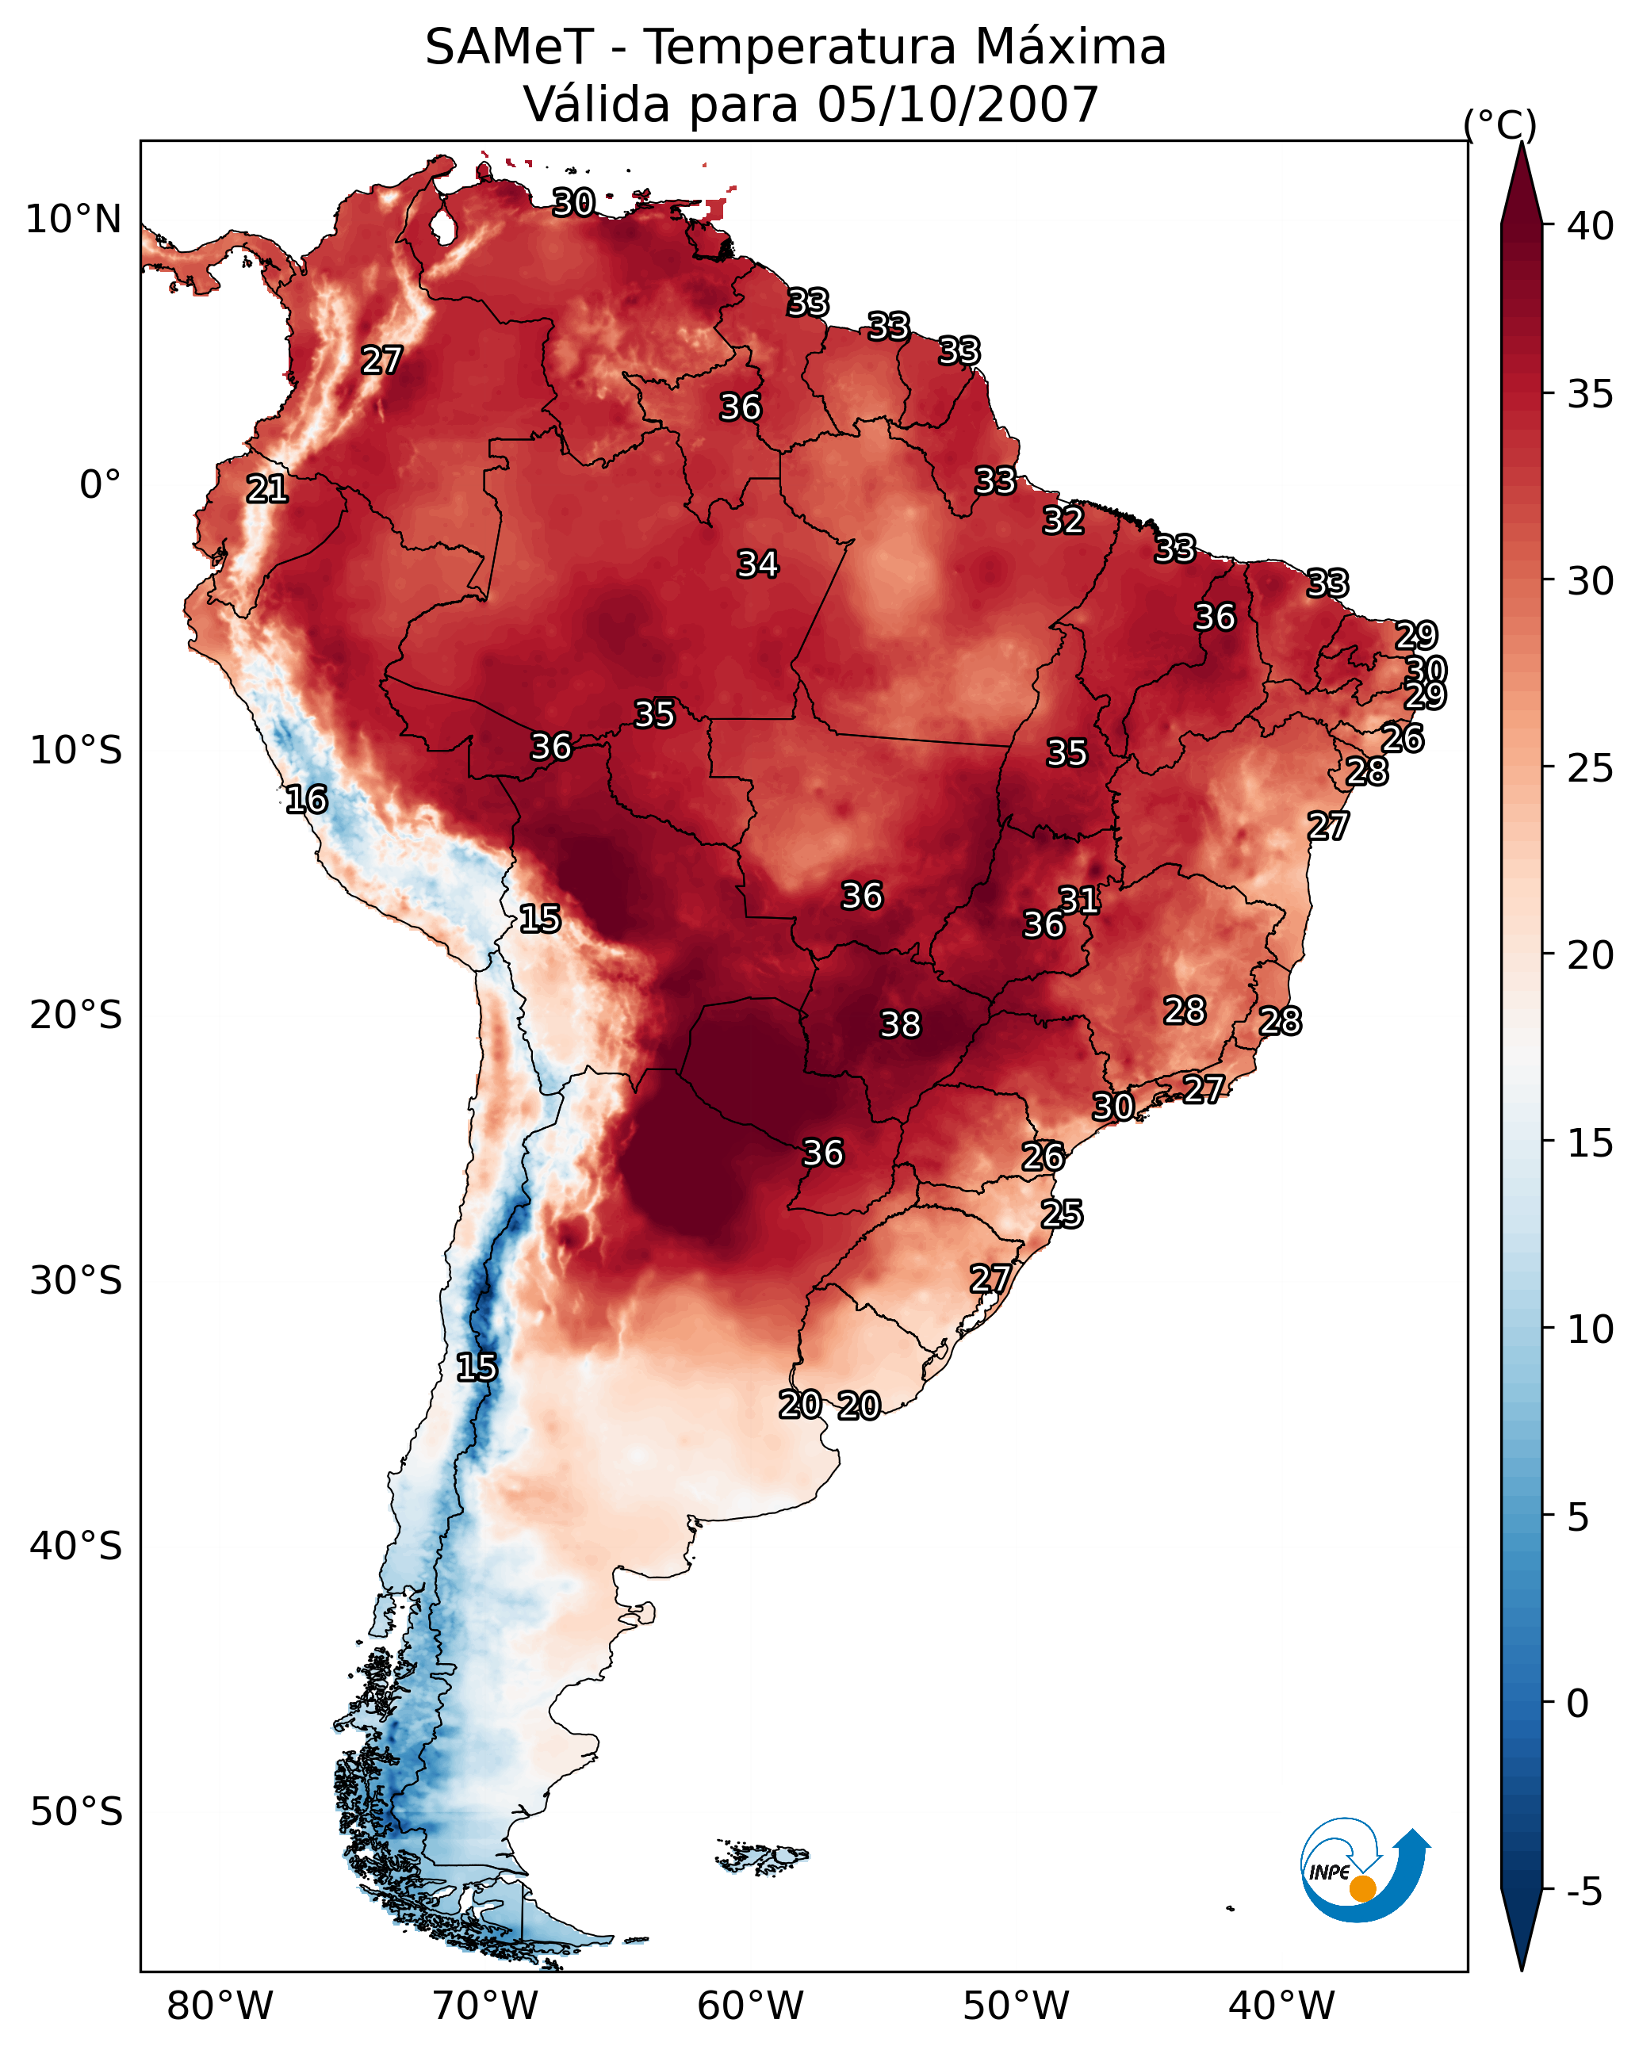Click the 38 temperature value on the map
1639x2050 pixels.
[x=900, y=1025]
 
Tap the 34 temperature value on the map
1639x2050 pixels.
[x=757, y=564]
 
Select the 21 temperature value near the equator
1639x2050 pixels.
[x=267, y=490]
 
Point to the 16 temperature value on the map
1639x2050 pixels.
[x=306, y=800]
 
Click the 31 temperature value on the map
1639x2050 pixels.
[x=1080, y=901]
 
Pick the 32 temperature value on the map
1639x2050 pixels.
[x=1063, y=521]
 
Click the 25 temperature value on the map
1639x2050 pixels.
[x=1062, y=1214]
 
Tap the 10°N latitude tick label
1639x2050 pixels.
[x=73, y=220]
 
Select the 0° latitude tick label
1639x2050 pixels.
[x=100, y=485]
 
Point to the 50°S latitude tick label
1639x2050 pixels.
[x=76, y=1812]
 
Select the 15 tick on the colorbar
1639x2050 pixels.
[x=1591, y=1142]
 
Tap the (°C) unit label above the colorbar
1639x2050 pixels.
[x=1499, y=124]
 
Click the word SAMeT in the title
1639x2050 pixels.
[x=509, y=48]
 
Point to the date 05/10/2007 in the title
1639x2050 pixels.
[x=957, y=105]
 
